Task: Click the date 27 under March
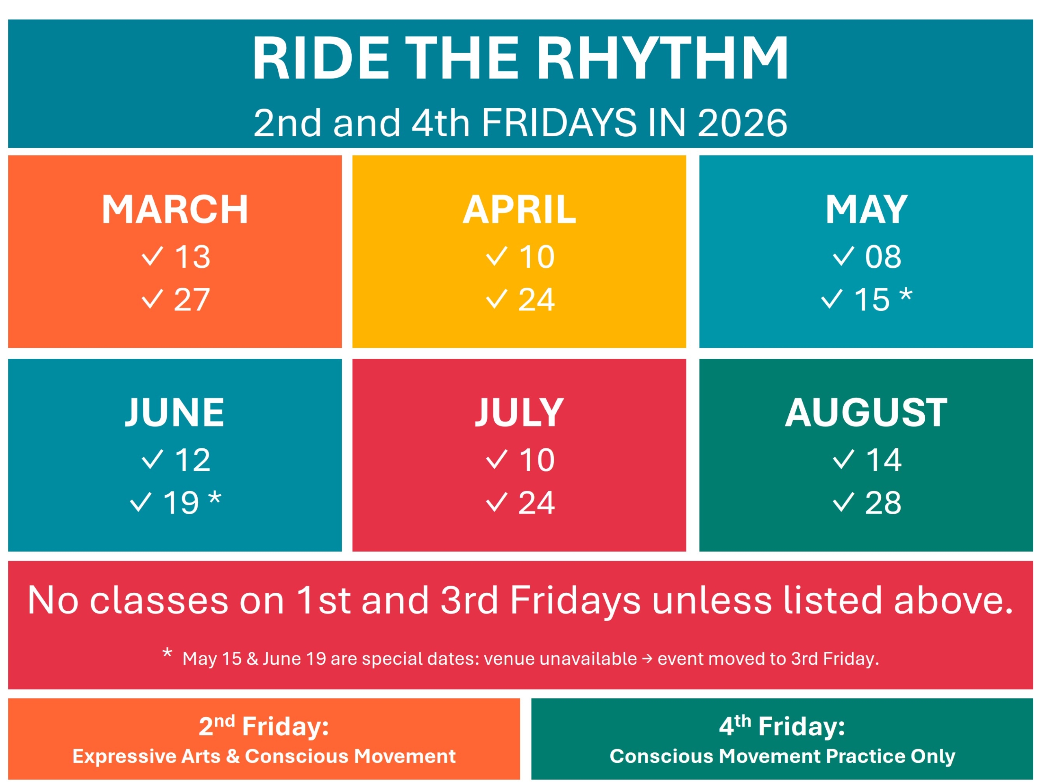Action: pos(192,299)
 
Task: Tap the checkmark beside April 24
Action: pos(497,299)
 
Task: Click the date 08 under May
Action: pos(883,257)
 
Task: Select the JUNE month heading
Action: pos(174,413)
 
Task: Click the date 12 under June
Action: pos(192,460)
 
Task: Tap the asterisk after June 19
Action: pos(215,498)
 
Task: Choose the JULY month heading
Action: pos(519,413)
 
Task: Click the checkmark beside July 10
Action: pos(497,459)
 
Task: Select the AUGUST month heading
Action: pos(866,413)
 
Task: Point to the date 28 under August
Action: pos(883,503)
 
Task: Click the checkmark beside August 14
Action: pos(843,459)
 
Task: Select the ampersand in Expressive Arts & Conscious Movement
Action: pos(233,756)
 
